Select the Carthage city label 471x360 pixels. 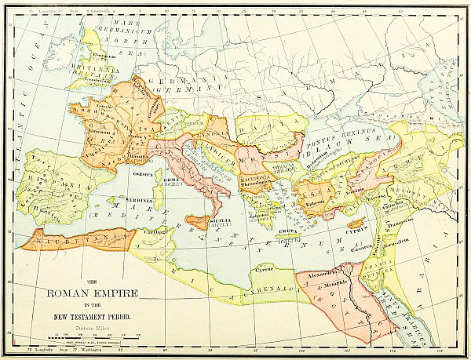pyautogui.click(x=154, y=233)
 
